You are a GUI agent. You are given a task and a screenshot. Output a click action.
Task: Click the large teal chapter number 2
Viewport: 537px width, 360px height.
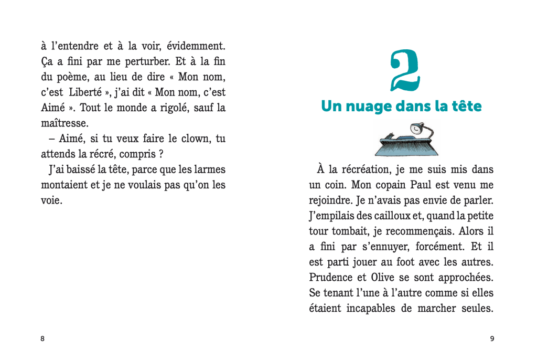[x=405, y=70]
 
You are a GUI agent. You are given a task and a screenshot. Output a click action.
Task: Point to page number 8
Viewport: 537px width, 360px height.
[x=42, y=338]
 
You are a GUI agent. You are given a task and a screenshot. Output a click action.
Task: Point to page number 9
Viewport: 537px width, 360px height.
[x=492, y=338]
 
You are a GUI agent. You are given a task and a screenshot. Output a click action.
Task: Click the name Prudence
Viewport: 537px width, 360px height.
[x=332, y=278]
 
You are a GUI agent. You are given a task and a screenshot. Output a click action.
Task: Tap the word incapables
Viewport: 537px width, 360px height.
[x=370, y=309]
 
